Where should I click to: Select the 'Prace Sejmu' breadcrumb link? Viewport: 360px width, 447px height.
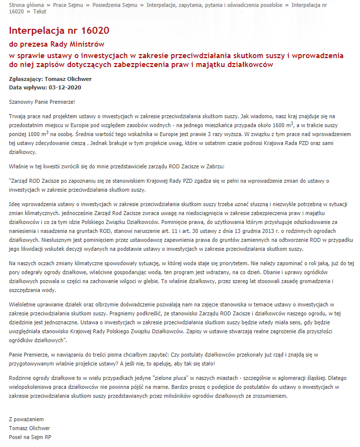point(67,4)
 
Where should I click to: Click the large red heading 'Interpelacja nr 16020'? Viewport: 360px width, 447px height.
point(59,31)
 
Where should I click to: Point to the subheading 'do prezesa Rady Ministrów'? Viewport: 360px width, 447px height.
point(57,44)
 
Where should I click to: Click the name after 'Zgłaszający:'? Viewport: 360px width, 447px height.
point(68,79)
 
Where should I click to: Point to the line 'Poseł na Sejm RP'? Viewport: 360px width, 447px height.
point(30,437)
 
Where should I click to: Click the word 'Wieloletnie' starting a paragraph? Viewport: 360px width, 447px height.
point(23,303)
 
